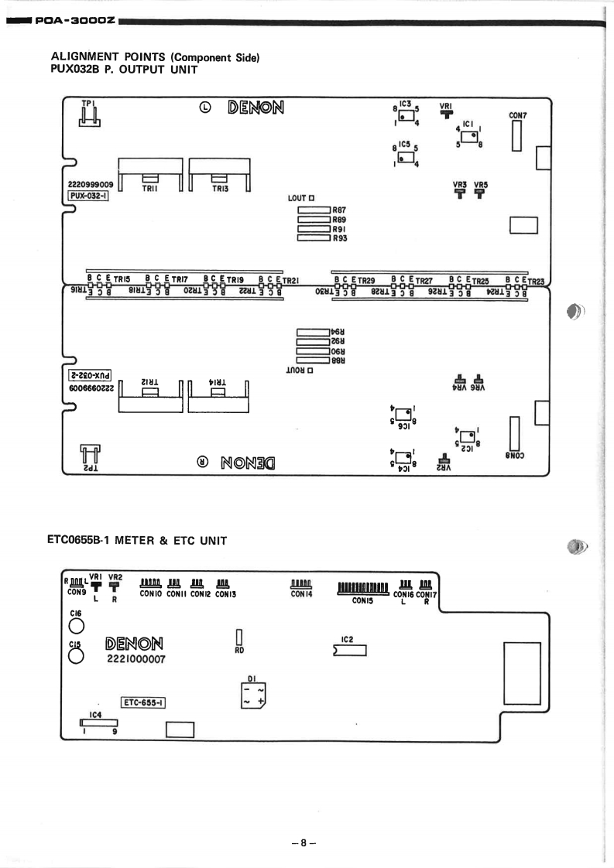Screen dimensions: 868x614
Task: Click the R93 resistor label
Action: click(339, 239)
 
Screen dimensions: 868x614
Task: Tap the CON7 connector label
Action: click(518, 115)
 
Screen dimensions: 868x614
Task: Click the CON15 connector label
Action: click(364, 599)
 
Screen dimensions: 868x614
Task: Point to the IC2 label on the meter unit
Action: click(347, 639)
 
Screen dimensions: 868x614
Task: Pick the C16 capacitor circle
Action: click(74, 626)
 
